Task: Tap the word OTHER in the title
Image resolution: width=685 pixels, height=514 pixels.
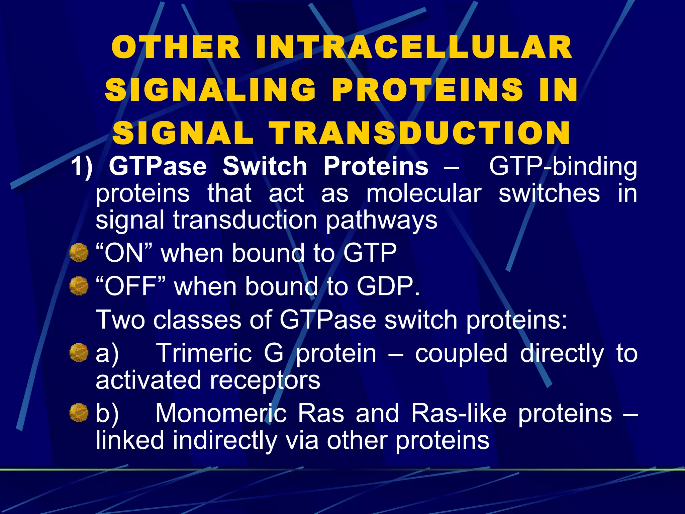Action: [176, 48]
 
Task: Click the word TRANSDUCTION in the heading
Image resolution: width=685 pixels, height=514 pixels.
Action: [420, 133]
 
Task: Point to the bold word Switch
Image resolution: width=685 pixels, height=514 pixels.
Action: [265, 166]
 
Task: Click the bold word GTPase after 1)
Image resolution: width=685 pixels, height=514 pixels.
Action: [158, 166]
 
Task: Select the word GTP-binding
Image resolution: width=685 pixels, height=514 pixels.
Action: [563, 166]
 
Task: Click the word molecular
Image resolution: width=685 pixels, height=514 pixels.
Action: [424, 193]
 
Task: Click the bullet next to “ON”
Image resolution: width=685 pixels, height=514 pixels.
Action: [79, 253]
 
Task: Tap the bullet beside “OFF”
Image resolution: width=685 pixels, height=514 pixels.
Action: [79, 286]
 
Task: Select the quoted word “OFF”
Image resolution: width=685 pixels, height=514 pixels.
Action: [130, 286]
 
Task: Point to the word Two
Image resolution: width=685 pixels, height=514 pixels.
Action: [120, 320]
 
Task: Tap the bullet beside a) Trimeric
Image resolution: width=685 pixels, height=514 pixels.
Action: [79, 353]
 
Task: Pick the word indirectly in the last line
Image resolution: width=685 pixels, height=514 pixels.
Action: [225, 440]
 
